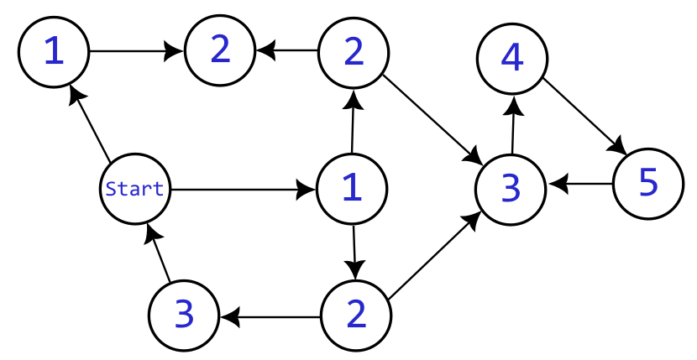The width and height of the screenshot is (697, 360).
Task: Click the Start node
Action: pyautogui.click(x=135, y=189)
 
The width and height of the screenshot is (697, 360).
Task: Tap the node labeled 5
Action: pyautogui.click(x=647, y=183)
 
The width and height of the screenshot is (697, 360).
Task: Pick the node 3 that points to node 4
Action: pyautogui.click(x=511, y=189)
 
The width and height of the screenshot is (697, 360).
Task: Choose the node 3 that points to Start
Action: pyautogui.click(x=184, y=316)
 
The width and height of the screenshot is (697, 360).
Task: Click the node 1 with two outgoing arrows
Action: pyautogui.click(x=352, y=189)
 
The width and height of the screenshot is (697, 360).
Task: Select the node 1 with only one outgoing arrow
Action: pyautogui.click(x=53, y=52)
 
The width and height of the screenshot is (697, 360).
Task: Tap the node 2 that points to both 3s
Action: pyautogui.click(x=356, y=316)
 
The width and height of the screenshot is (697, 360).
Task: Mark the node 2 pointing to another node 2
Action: pyautogui.click(x=353, y=52)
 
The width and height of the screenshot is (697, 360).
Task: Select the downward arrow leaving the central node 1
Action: pyautogui.click(x=354, y=252)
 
